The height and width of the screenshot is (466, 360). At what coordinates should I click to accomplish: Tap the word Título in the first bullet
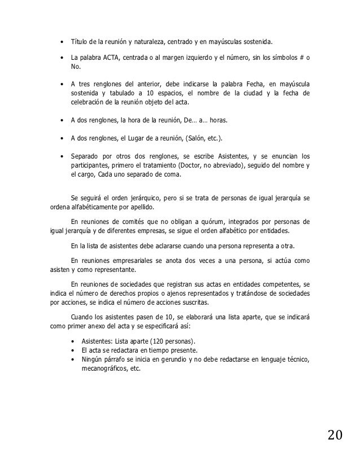[77, 42]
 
